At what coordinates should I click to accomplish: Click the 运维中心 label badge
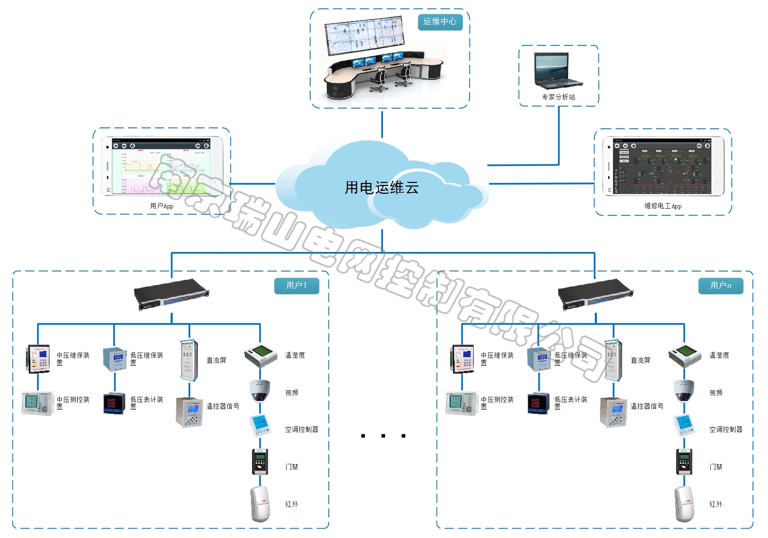[x=440, y=22]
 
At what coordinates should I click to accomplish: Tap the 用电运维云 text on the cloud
[x=381, y=188]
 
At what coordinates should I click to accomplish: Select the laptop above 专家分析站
[x=558, y=71]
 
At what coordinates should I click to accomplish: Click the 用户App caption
[x=161, y=206]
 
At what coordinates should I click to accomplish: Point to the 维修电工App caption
[x=662, y=206]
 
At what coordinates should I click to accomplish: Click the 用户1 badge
[x=296, y=285]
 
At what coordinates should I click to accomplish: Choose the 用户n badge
[x=721, y=285]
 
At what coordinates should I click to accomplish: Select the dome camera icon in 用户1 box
[x=260, y=391]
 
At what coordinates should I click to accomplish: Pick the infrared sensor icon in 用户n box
[x=684, y=503]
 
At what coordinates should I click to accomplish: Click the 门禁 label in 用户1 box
[x=292, y=467]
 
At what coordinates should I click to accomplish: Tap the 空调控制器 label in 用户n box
[x=726, y=429]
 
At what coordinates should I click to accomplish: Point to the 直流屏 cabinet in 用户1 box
[x=189, y=360]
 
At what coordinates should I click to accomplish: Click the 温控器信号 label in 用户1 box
[x=223, y=406]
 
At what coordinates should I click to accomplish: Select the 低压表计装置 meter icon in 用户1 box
[x=114, y=403]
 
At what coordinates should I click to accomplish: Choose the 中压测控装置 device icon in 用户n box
[x=461, y=402]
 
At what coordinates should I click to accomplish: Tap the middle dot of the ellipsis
[x=383, y=436]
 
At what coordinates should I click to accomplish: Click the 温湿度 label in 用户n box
[x=719, y=355]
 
